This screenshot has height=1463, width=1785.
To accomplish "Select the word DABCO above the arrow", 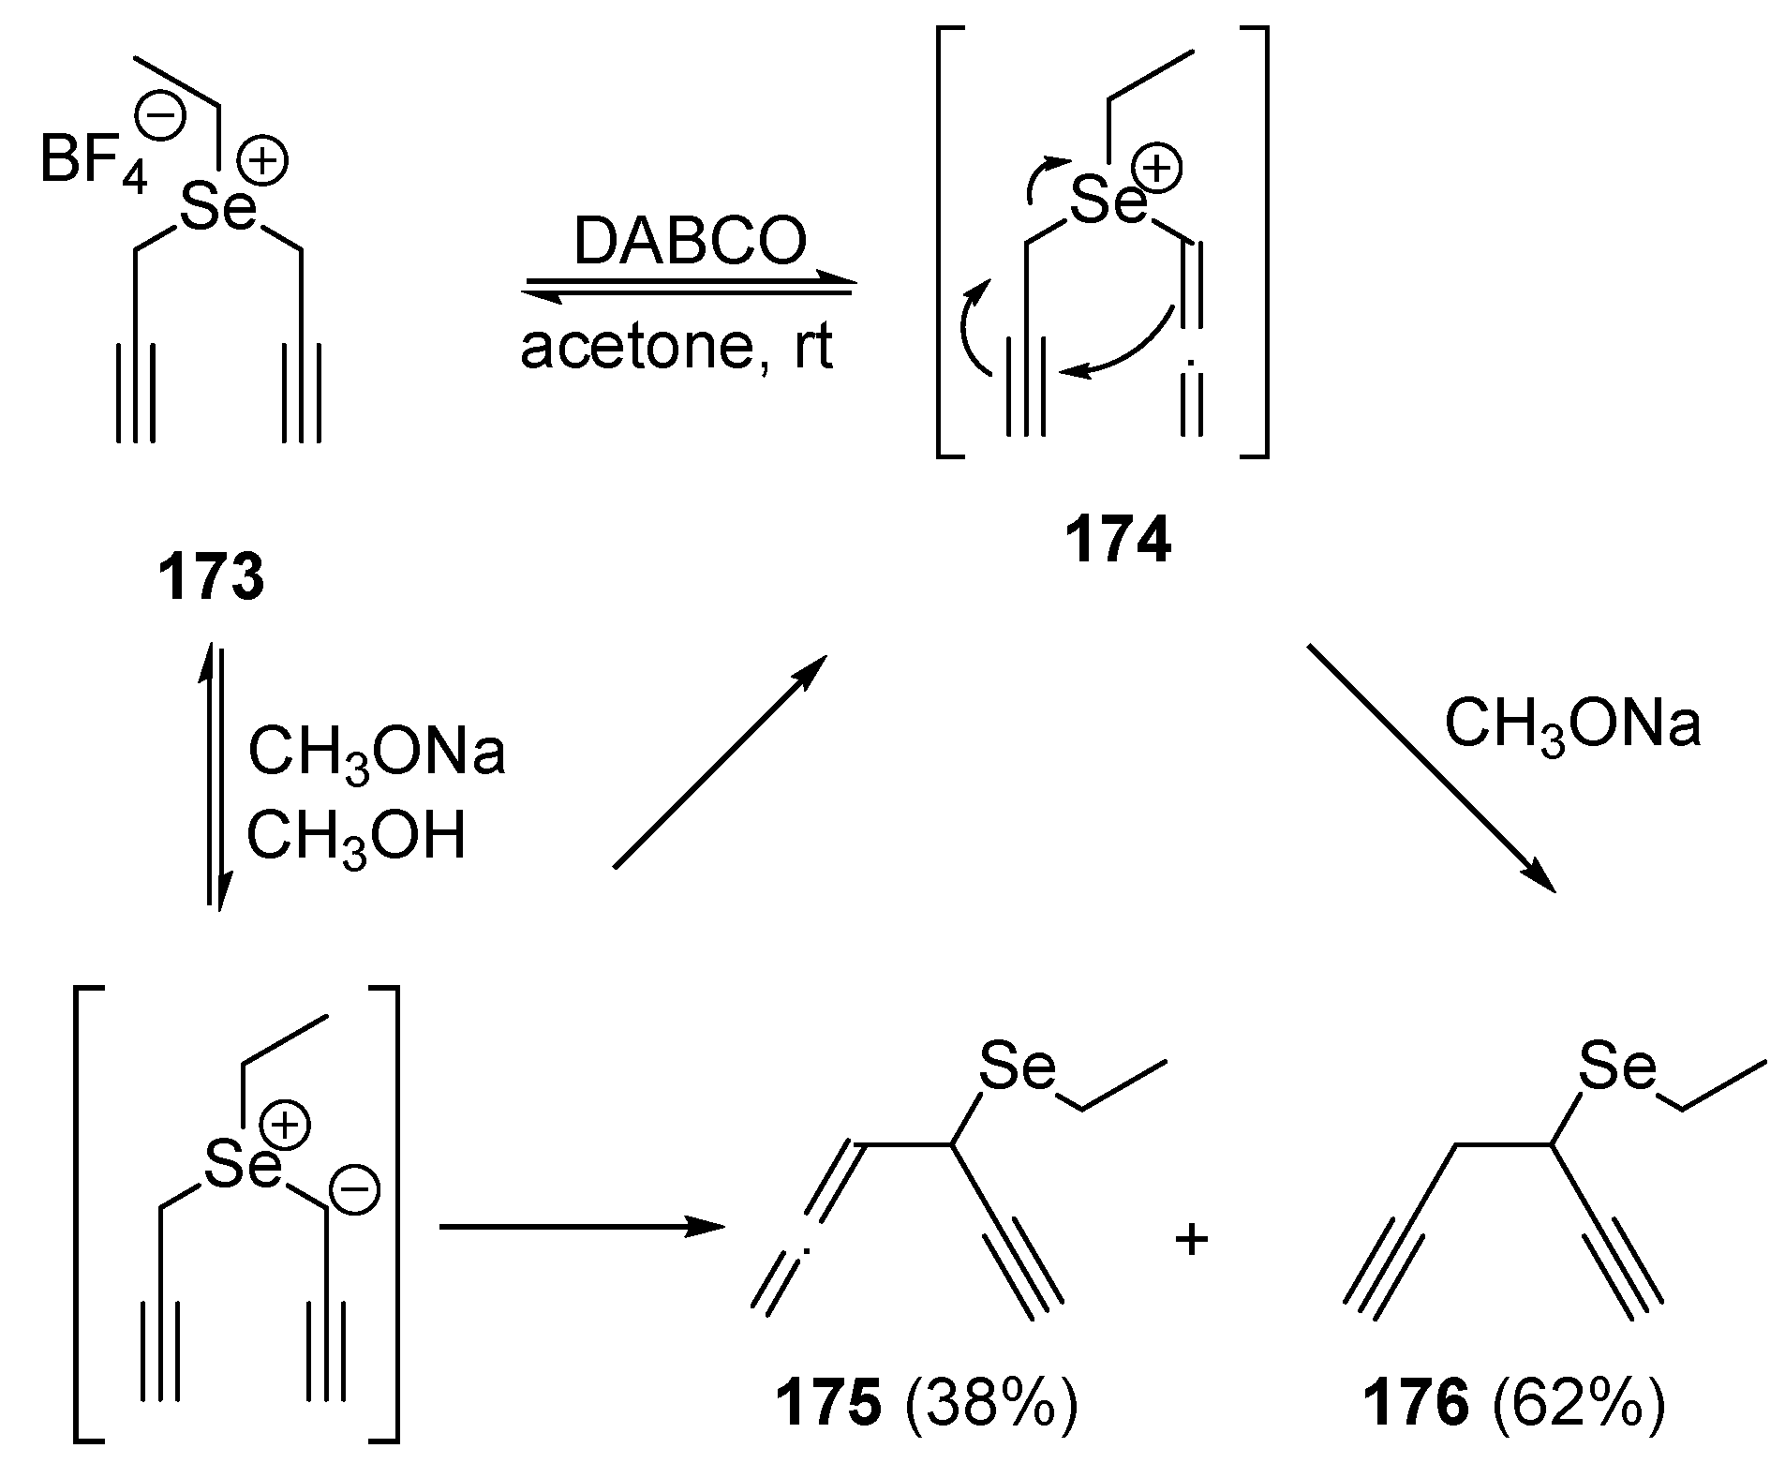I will (690, 242).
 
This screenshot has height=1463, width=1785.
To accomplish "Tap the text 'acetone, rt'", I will (677, 348).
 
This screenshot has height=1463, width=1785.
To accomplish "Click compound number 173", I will (212, 579).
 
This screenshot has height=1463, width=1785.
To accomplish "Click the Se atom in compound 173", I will (217, 208).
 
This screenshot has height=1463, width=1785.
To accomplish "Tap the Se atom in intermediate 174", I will (1108, 201).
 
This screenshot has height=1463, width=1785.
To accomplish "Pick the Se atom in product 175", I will (1017, 1067).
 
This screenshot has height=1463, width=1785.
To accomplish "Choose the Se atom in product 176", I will (1616, 1067).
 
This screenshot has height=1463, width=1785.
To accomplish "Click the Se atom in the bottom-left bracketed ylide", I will (243, 1165).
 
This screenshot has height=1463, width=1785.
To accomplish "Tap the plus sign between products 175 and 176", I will (1192, 1243).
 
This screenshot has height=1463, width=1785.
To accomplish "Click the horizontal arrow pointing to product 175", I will (581, 1227).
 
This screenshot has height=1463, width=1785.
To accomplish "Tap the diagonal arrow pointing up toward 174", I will (720, 761).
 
